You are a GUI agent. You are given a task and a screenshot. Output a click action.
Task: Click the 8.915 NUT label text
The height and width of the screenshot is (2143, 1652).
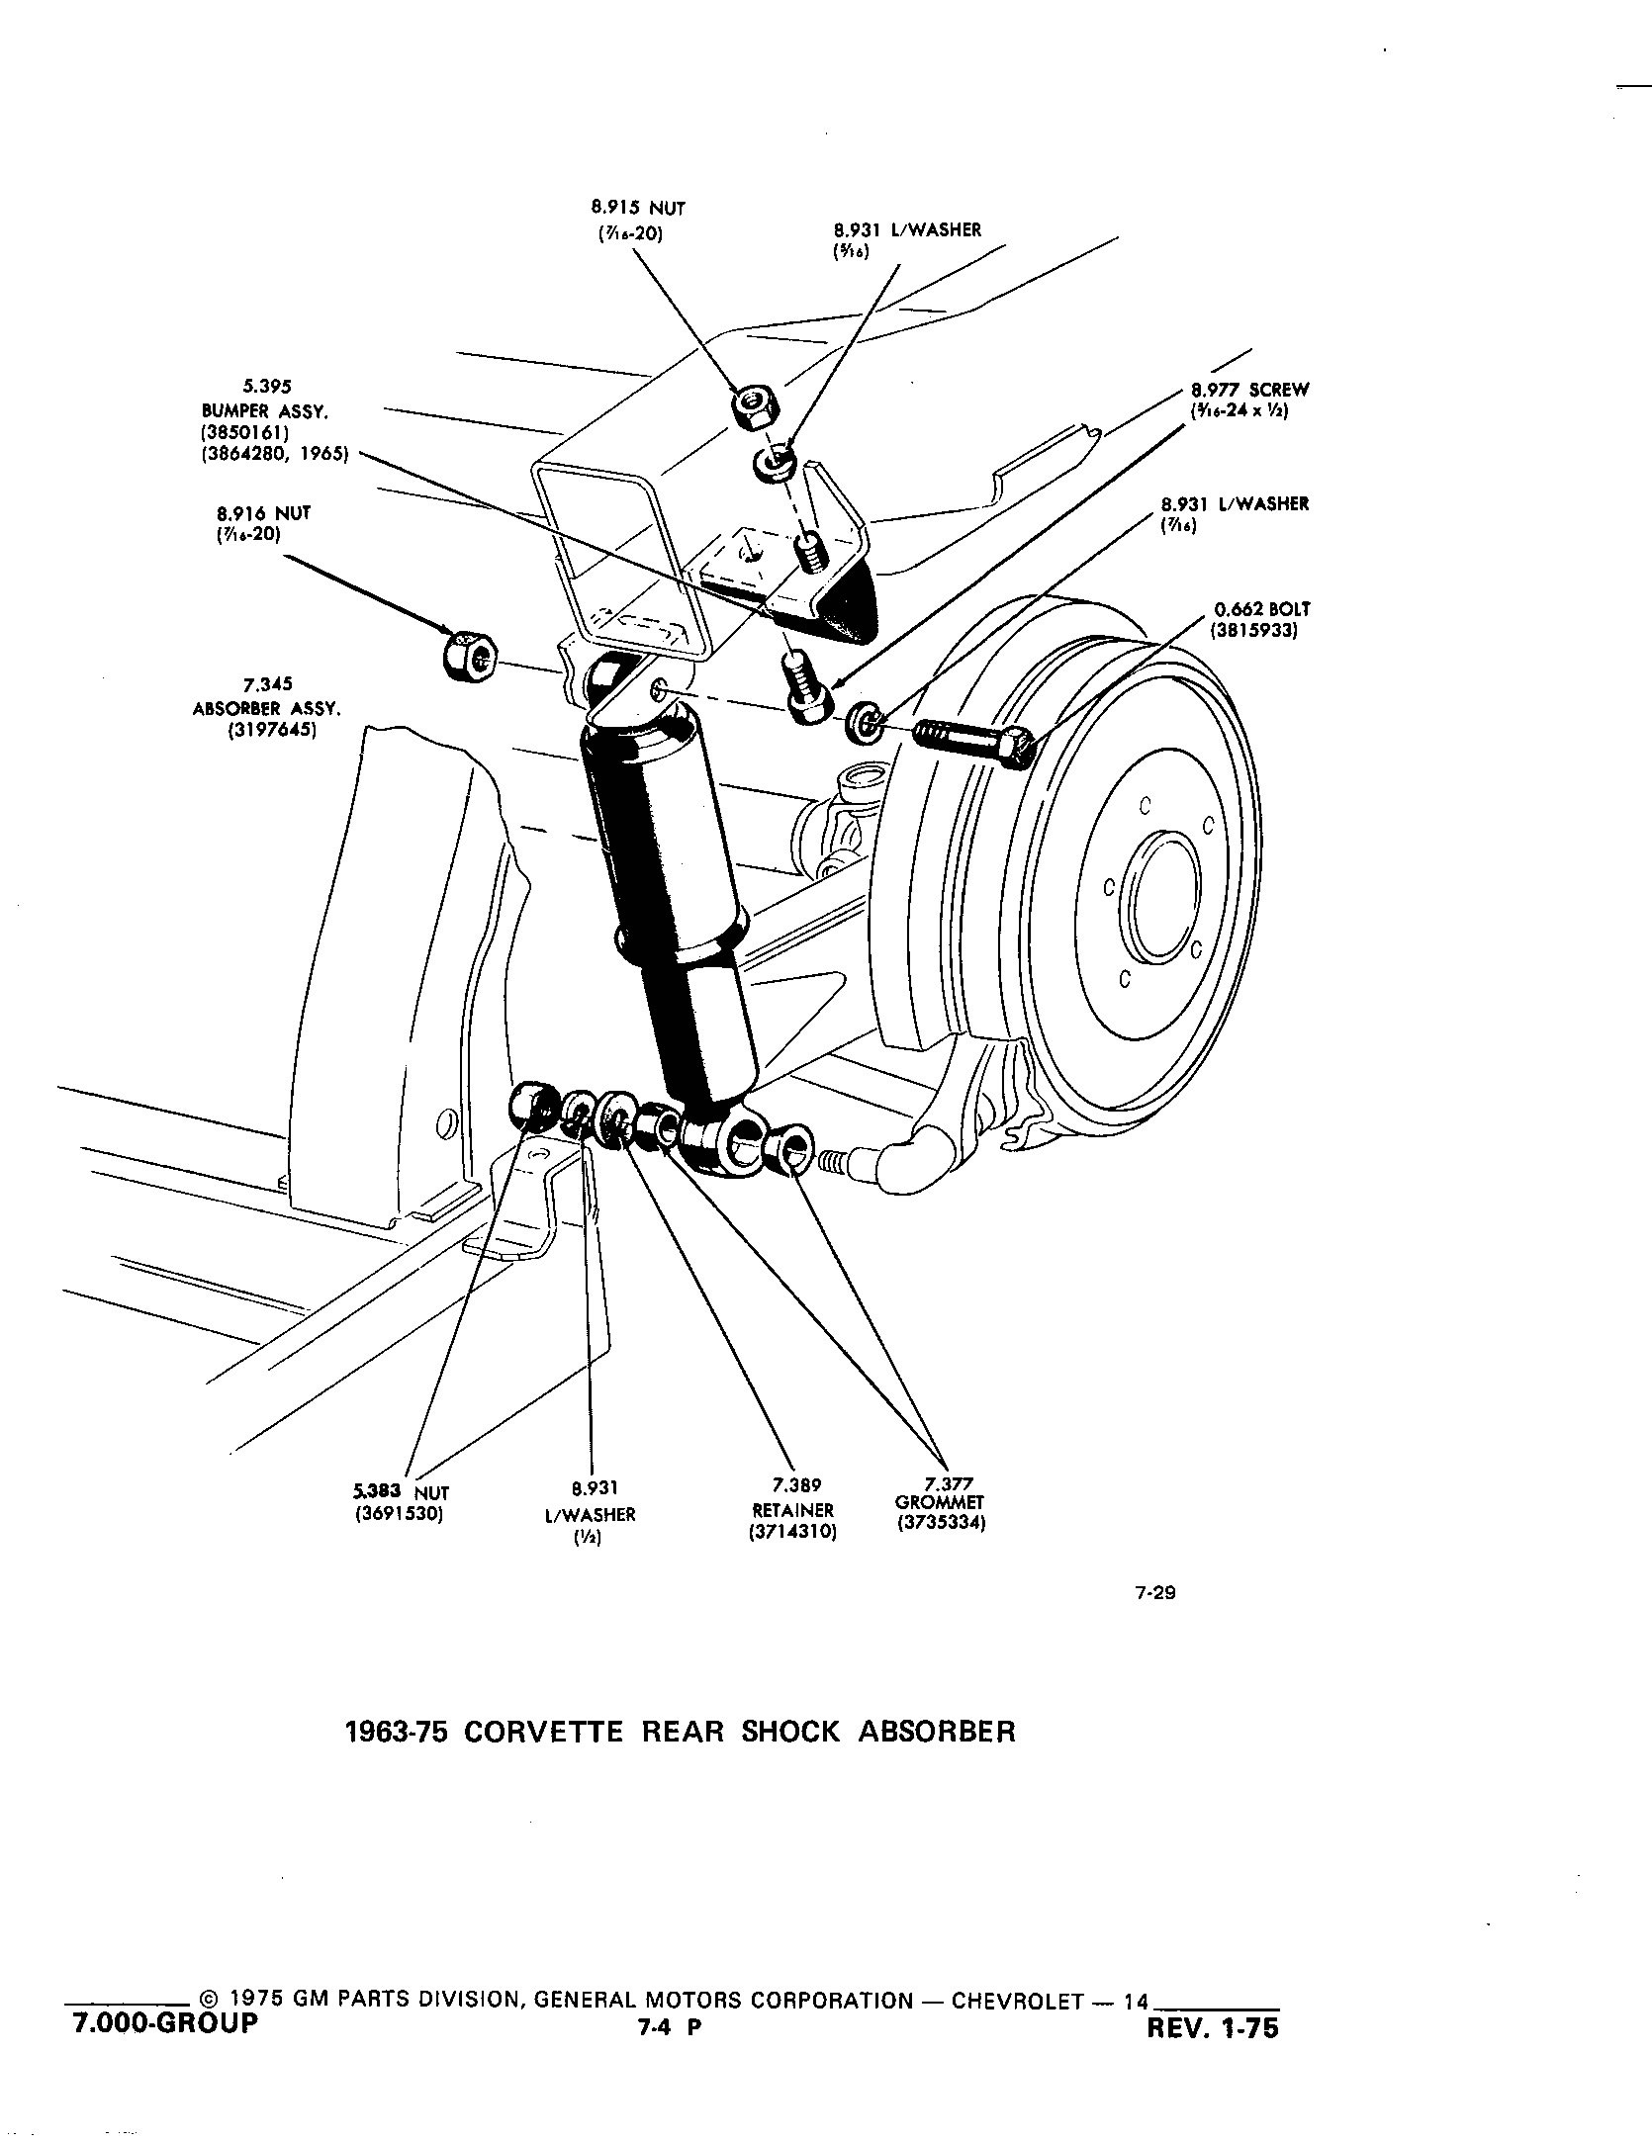click(638, 209)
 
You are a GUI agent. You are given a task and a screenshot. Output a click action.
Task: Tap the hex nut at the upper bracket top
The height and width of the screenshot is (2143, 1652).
click(754, 403)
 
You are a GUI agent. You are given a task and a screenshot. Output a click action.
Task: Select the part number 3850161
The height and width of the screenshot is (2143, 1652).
click(242, 433)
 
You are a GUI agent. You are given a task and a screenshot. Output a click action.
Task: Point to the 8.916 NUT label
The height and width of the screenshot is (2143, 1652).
click(263, 514)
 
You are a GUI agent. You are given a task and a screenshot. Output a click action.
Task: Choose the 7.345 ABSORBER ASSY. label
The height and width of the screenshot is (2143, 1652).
click(266, 696)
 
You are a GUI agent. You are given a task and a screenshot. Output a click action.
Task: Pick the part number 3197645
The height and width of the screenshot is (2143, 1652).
click(266, 732)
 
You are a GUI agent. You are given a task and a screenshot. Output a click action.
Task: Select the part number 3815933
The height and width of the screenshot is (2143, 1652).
click(1253, 630)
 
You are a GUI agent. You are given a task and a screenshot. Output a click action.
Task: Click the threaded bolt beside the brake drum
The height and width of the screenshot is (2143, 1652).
click(974, 742)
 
